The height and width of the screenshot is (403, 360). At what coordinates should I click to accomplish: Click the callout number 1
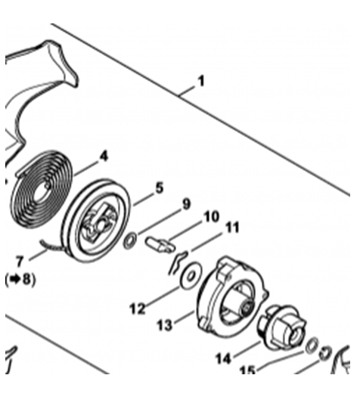(x=201, y=81)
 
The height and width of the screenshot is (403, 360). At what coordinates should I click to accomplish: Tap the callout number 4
(x=104, y=157)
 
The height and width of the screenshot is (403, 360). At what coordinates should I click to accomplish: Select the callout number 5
(x=160, y=188)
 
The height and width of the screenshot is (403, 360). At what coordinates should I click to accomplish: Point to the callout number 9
(x=186, y=204)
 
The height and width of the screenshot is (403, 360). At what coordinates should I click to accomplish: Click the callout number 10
(x=211, y=217)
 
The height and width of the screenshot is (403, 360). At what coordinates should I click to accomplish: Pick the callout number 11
(x=231, y=228)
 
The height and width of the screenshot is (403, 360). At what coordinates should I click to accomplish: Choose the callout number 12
(x=138, y=308)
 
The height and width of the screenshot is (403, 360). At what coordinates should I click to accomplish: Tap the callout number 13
(x=165, y=326)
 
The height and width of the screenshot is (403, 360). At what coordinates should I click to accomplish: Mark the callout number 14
(x=223, y=358)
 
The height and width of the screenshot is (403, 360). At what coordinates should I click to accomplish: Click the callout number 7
(x=20, y=262)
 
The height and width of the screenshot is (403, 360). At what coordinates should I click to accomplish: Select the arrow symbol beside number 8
(x=15, y=279)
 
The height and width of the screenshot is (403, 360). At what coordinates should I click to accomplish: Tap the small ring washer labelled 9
(x=130, y=240)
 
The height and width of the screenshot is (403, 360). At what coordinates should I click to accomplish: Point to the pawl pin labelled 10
(x=160, y=244)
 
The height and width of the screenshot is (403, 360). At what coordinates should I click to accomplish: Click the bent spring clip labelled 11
(x=177, y=263)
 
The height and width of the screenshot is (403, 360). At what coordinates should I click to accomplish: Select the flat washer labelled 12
(x=191, y=277)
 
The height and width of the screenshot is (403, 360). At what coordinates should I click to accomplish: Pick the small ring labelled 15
(x=312, y=346)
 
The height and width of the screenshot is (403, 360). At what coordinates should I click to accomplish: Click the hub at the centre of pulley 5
(x=99, y=223)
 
